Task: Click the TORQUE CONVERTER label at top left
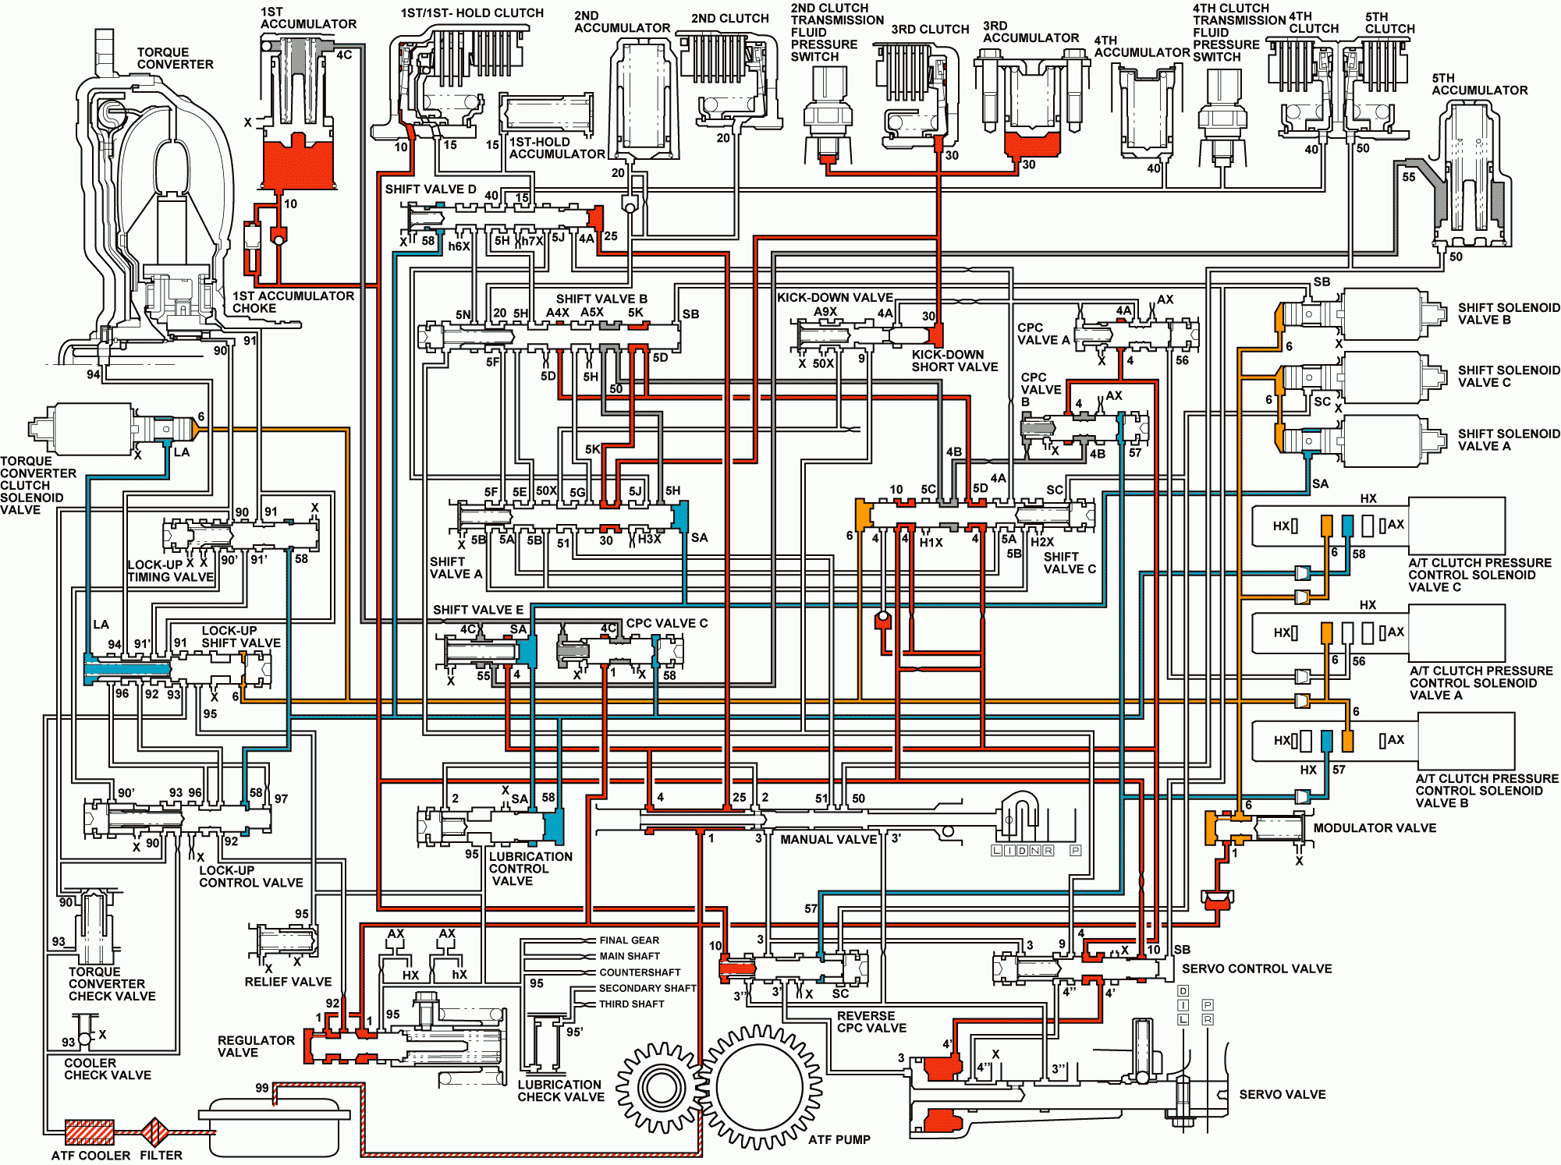click(x=176, y=58)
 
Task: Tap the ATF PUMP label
click(x=839, y=1139)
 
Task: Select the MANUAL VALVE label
click(x=828, y=840)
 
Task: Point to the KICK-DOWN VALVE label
click(x=835, y=297)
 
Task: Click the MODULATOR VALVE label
click(x=1375, y=828)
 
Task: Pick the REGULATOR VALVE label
click(x=256, y=1046)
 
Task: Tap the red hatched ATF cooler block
click(x=89, y=1131)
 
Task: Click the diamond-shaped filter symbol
click(x=154, y=1131)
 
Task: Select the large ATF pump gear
click(x=758, y=1087)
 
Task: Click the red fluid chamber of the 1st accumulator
click(x=298, y=165)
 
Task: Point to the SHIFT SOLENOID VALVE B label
click(x=1509, y=313)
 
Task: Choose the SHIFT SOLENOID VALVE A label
click(x=1509, y=440)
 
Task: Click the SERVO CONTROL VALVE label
click(x=1257, y=968)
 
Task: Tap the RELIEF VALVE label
click(x=288, y=982)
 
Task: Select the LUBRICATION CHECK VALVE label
click(x=561, y=1091)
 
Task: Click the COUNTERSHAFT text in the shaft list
click(x=640, y=972)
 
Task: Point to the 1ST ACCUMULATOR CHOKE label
click(x=293, y=302)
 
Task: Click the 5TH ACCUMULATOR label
click(x=1479, y=84)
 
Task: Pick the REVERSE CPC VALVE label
click(x=871, y=1022)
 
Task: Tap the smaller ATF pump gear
click(x=661, y=1087)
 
